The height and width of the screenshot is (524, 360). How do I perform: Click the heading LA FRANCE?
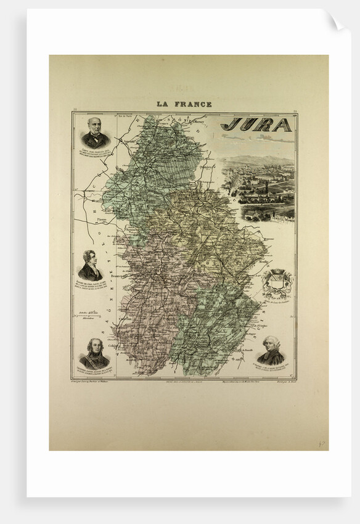pos(184,104)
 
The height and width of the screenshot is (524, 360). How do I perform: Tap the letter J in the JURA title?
pos(229,125)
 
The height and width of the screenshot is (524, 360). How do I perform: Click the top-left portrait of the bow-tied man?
pos(95,133)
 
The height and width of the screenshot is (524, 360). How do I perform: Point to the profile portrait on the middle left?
pos(90,265)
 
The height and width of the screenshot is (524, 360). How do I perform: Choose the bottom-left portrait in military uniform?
pos(94,353)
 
